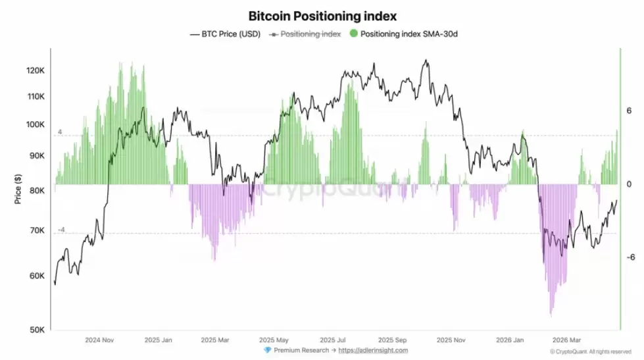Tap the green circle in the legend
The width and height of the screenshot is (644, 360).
pos(355,34)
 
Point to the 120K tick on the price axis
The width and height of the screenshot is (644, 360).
pos(35,70)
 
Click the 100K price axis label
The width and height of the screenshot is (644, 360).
pos(35,125)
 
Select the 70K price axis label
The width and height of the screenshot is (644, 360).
pos(36,232)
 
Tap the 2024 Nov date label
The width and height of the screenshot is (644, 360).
pos(99,340)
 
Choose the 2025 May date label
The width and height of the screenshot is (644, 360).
pos(274,340)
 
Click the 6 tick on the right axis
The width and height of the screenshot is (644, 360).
pos(630,111)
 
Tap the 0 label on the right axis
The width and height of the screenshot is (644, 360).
pos(630,184)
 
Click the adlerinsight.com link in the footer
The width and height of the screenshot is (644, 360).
pos(373,350)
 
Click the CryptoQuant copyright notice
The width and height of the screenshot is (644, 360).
pos(591,352)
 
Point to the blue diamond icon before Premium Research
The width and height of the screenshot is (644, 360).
pos(266,350)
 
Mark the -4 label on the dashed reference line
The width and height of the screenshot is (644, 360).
pos(61,230)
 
